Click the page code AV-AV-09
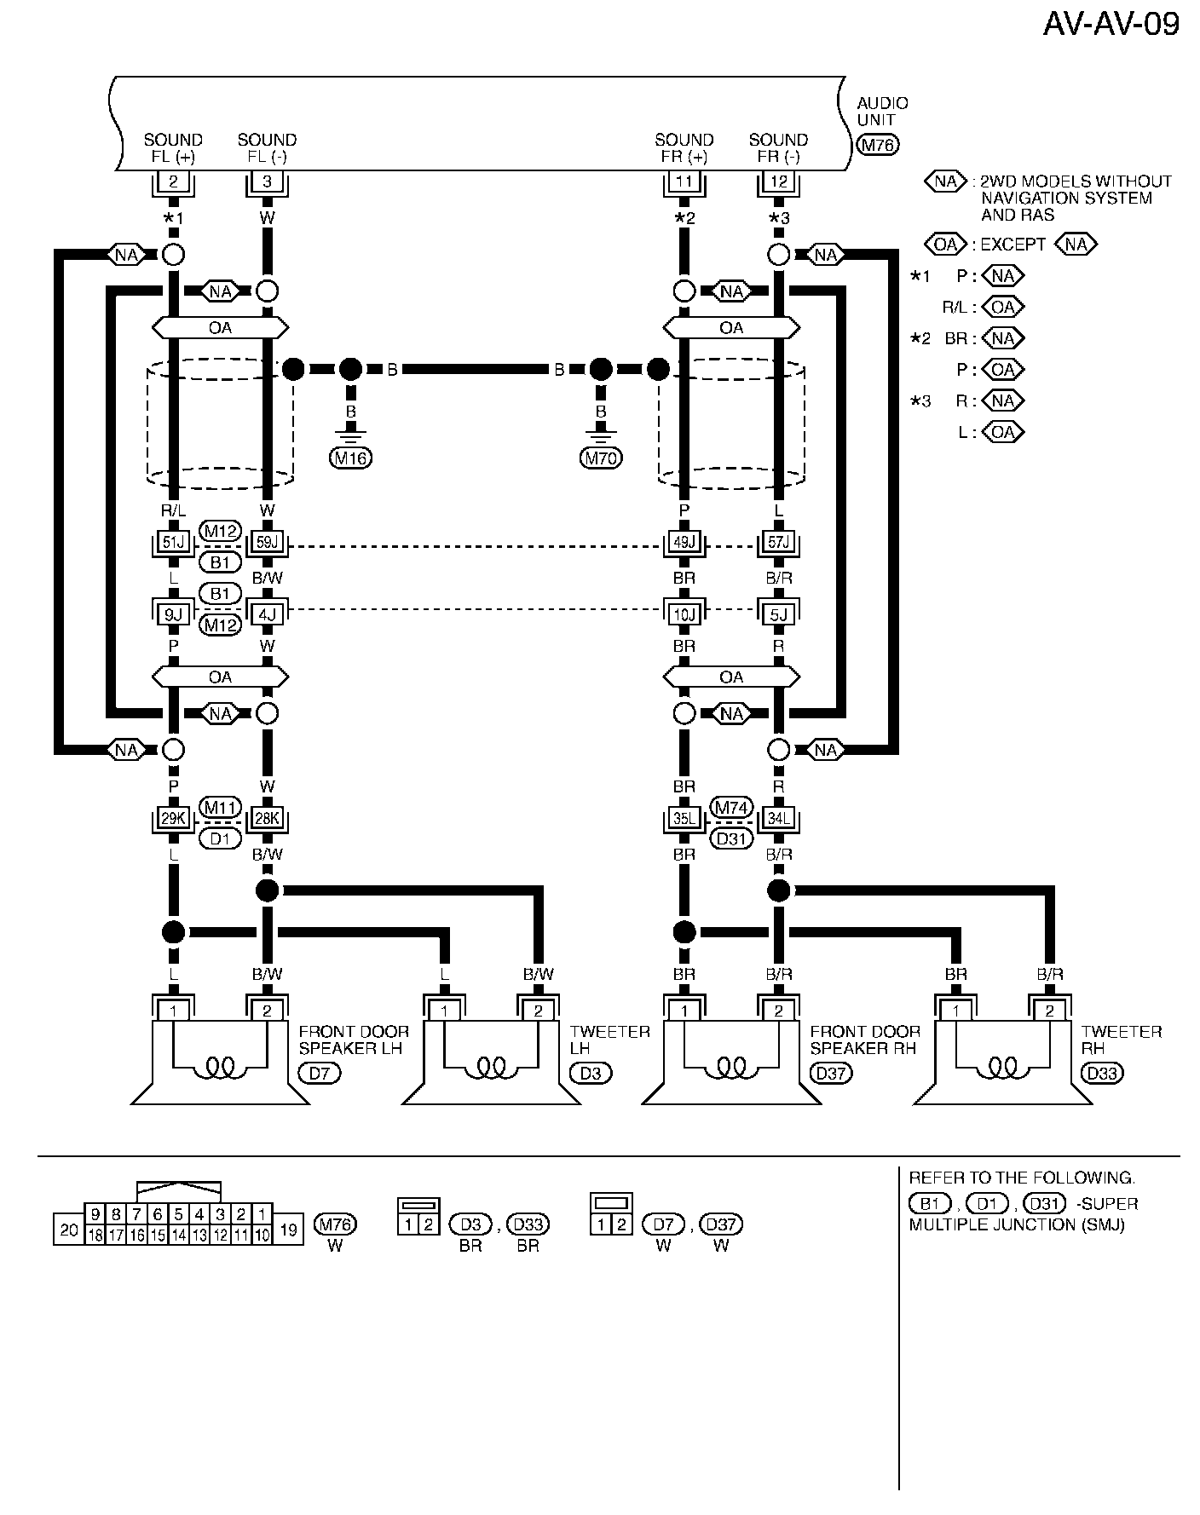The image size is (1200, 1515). coord(1111,24)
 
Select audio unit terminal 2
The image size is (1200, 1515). coord(173,181)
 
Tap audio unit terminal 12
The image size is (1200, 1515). coord(778,181)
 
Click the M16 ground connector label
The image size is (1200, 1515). coord(350,458)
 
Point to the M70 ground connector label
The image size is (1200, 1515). coord(601,458)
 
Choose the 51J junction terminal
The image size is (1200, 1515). coord(173,542)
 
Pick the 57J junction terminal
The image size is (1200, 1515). coord(778,542)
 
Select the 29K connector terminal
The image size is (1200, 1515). coord(173,819)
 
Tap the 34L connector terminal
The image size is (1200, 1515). coord(778,819)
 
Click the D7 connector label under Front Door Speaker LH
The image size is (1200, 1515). coord(319,1073)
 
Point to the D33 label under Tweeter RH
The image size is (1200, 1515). coord(1102,1073)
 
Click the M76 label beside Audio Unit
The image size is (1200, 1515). coord(878,145)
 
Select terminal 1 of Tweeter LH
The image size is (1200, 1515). coord(444,1011)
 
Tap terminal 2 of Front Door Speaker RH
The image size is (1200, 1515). coord(778,1011)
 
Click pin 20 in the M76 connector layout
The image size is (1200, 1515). coord(69,1230)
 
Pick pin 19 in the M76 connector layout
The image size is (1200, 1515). coord(288,1230)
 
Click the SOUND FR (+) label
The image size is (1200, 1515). coord(684,148)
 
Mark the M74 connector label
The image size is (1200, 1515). coord(731,808)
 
